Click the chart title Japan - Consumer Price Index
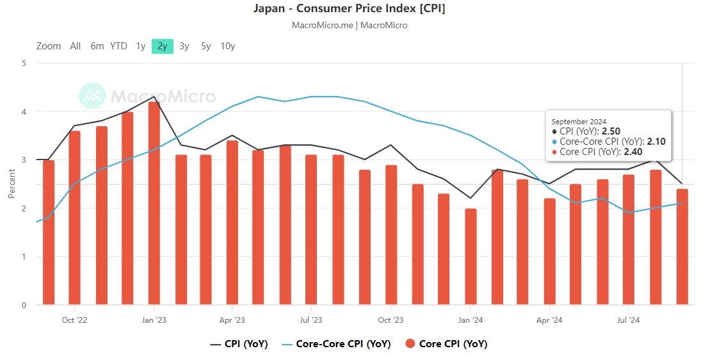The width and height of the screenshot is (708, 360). tap(350, 9)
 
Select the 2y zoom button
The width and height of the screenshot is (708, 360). tap(163, 46)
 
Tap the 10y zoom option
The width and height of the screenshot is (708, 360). tap(227, 46)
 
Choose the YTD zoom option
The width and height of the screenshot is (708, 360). tap(118, 46)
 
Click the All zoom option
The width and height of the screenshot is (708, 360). tap(76, 46)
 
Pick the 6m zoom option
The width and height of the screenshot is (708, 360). tap(97, 46)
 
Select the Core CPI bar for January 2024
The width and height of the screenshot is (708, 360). tap(471, 256)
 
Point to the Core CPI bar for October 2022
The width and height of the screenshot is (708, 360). tap(74, 218)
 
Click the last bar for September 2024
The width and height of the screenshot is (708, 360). tap(682, 247)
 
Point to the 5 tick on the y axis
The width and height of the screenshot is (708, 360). tap(24, 63)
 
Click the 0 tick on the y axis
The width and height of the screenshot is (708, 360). tap(24, 306)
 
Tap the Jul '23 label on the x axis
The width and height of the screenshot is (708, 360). tap(310, 320)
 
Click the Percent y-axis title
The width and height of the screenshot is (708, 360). tap(12, 184)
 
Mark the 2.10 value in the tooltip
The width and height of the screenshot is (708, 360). tap(656, 142)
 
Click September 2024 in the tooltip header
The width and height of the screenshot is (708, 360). tap(579, 122)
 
